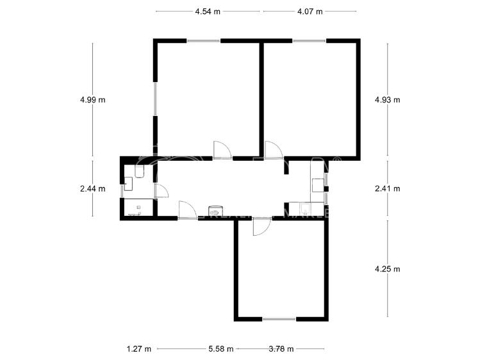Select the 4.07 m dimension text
click(x=310, y=12)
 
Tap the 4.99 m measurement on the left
click(x=92, y=99)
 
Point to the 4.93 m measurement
click(x=387, y=99)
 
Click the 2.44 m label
click(x=92, y=188)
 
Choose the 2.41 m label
click(x=387, y=188)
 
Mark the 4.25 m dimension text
click(x=387, y=269)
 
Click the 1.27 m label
click(x=139, y=349)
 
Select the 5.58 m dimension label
click(x=220, y=349)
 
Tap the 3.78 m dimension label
click(x=281, y=349)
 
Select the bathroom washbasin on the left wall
click(x=128, y=185)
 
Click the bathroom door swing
click(x=161, y=191)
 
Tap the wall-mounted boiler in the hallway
click(x=216, y=210)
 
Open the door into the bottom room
click(x=261, y=227)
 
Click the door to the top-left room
click(x=222, y=149)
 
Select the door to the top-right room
click(x=273, y=149)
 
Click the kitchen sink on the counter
click(x=304, y=209)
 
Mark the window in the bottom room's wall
click(x=279, y=319)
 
